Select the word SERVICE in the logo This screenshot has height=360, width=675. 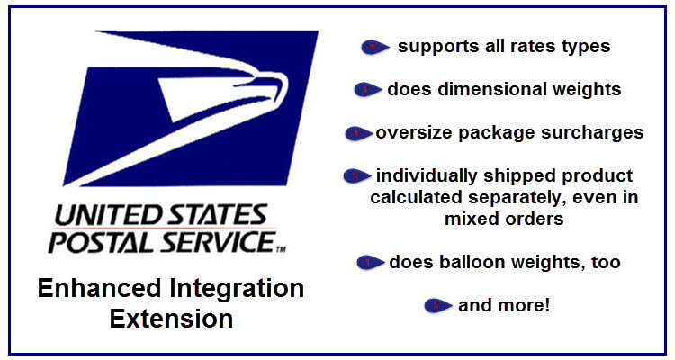pyautogui.click(x=219, y=241)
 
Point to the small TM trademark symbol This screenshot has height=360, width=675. pyautogui.click(x=281, y=249)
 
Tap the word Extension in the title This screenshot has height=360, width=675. pyautogui.click(x=171, y=319)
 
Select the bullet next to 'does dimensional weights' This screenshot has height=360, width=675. pyautogui.click(x=367, y=90)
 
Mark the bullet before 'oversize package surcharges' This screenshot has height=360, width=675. pyautogui.click(x=358, y=133)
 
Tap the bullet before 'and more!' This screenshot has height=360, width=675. pyautogui.click(x=437, y=306)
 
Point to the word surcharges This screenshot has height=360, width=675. pyautogui.click(x=592, y=133)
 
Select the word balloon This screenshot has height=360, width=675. pyautogui.click(x=467, y=262)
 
